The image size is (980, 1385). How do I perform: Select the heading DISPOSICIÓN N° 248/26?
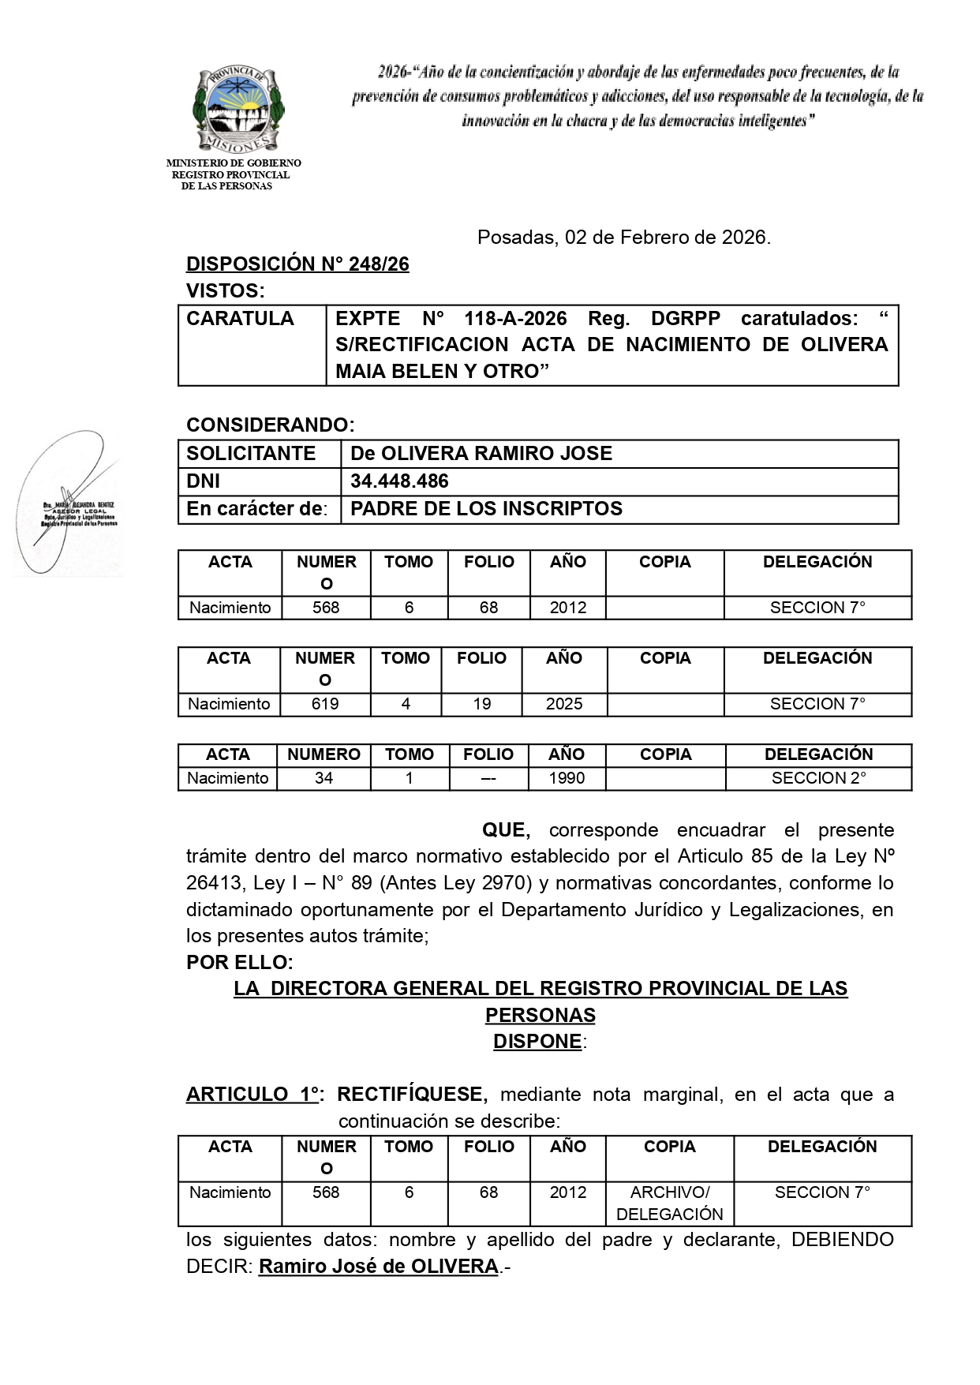pyautogui.click(x=297, y=264)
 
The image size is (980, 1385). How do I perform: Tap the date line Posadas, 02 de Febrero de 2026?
pyautogui.click(x=623, y=238)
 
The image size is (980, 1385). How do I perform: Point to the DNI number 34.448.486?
pyautogui.click(x=399, y=481)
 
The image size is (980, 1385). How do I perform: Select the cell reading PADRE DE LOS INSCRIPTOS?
pyautogui.click(x=486, y=509)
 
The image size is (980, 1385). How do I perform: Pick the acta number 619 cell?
pyautogui.click(x=325, y=704)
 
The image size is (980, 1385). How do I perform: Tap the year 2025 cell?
pyautogui.click(x=564, y=704)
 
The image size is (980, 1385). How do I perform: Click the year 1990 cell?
pyautogui.click(x=567, y=778)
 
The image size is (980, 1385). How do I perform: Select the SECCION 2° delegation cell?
pyautogui.click(x=818, y=778)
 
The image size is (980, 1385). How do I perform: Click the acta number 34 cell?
pyautogui.click(x=324, y=778)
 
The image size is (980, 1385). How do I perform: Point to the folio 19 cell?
pyautogui.click(x=482, y=704)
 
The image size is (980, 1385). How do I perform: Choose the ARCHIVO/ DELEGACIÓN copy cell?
pyautogui.click(x=669, y=1203)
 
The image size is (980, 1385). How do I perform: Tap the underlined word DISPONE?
pyautogui.click(x=537, y=1042)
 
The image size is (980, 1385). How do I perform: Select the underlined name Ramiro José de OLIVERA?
pyautogui.click(x=378, y=1267)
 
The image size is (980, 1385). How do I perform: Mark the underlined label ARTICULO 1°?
pyautogui.click(x=252, y=1095)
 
